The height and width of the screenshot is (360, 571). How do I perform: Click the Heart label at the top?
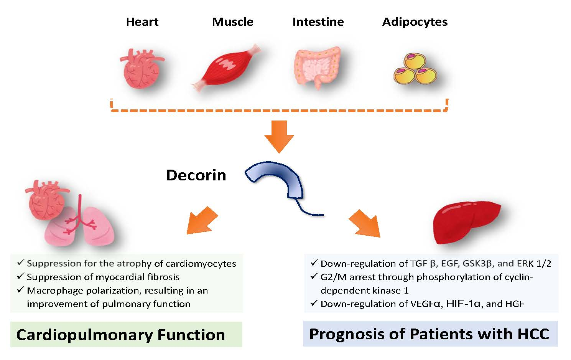point(142,22)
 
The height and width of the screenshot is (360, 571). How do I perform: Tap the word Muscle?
point(232,22)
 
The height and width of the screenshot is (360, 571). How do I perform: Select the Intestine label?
point(318,22)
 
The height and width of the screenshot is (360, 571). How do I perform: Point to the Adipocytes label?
point(415,22)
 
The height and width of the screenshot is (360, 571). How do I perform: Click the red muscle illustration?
point(226,67)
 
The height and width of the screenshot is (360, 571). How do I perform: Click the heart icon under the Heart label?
point(142,68)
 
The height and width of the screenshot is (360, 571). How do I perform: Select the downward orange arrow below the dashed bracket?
point(279,137)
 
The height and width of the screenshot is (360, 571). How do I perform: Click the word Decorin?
point(196,175)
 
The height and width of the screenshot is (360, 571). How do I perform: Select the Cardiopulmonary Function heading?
point(120,335)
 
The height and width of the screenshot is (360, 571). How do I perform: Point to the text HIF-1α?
point(463,304)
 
